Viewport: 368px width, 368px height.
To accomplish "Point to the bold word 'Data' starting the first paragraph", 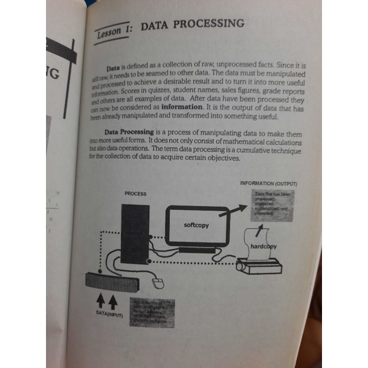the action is click(x=112, y=66).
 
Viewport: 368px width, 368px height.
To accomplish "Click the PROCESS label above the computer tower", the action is click(x=135, y=193).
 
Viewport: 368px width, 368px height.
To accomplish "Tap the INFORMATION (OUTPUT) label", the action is click(x=268, y=183).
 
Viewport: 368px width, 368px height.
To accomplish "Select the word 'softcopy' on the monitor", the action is click(x=196, y=225).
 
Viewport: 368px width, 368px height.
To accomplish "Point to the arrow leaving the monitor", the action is click(x=234, y=212).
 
